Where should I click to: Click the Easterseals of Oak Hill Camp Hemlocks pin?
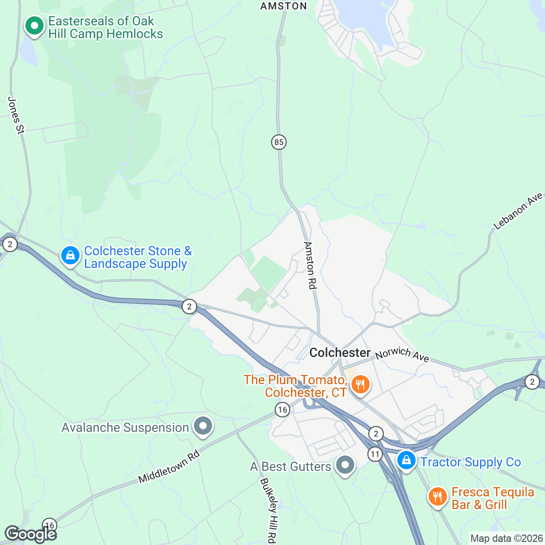click(x=34, y=26)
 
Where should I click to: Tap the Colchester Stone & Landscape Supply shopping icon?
click(x=70, y=256)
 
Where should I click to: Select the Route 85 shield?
click(x=278, y=142)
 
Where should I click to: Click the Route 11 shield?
click(x=375, y=454)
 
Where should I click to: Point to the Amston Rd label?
click(x=310, y=265)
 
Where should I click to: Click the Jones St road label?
click(x=16, y=115)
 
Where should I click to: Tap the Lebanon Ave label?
click(x=518, y=211)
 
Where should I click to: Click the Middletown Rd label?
click(x=169, y=466)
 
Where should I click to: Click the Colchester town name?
click(x=340, y=353)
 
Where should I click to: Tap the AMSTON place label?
click(x=283, y=6)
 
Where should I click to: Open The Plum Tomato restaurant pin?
click(x=360, y=385)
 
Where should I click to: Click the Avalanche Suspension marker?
click(x=203, y=426)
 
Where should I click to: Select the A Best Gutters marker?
click(x=345, y=465)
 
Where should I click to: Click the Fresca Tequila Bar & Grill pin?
click(x=437, y=497)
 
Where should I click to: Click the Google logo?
click(x=30, y=534)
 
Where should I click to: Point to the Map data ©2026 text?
click(x=506, y=539)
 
